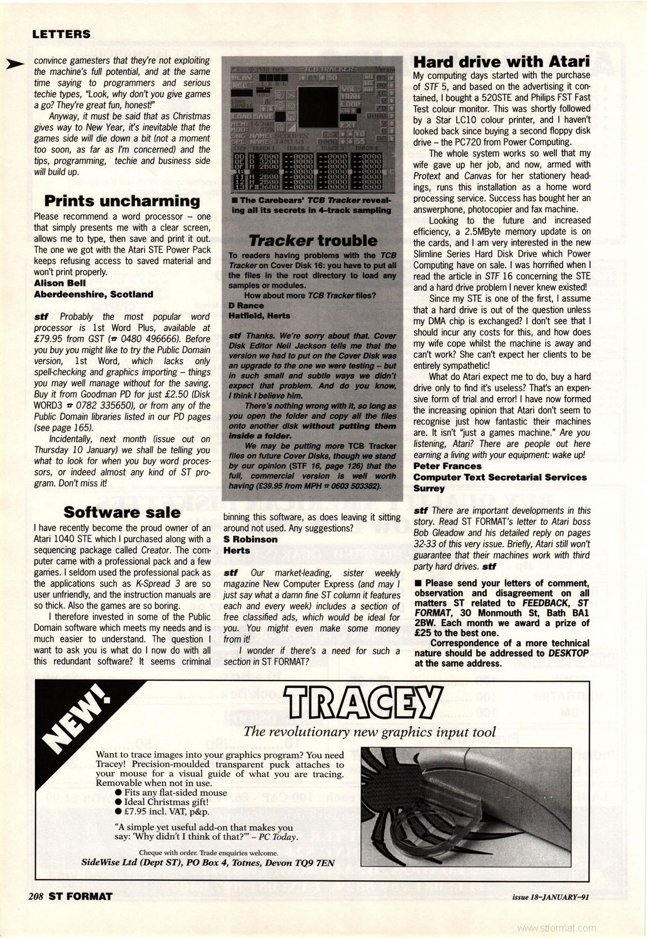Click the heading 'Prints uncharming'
click(x=123, y=201)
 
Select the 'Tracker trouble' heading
click(x=313, y=240)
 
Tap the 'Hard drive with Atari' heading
click(x=502, y=61)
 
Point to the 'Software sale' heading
click(x=122, y=512)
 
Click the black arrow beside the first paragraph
click(x=14, y=63)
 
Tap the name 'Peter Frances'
click(x=447, y=466)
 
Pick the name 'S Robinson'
click(x=250, y=539)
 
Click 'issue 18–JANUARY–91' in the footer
click(x=550, y=896)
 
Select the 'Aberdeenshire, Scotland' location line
click(x=93, y=294)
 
